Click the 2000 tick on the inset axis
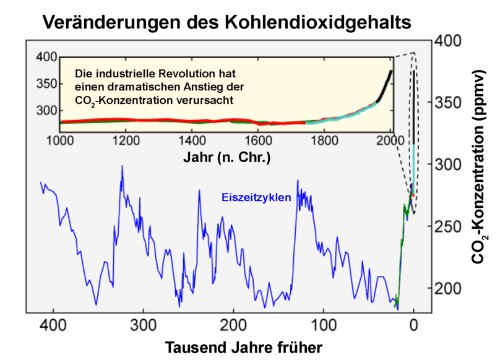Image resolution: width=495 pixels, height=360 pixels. click(390, 139)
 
